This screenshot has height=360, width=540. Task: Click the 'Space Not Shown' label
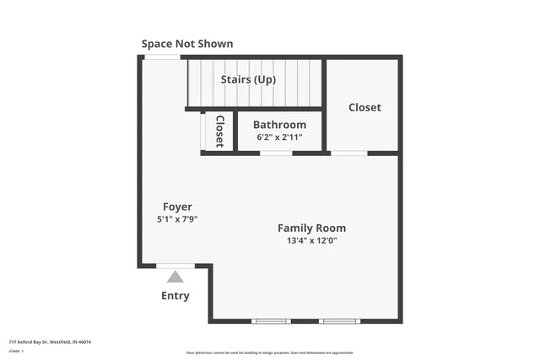(187, 44)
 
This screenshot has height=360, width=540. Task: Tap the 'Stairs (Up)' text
(254, 80)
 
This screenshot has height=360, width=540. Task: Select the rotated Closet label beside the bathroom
(219, 132)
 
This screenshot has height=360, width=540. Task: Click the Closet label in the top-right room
(364, 107)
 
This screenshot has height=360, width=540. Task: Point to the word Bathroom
(279, 125)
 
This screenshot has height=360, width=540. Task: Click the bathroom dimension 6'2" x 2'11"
(279, 137)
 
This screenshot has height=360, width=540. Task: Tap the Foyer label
(177, 207)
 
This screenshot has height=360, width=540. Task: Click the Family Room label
(311, 228)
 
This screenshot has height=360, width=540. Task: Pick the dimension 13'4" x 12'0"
(311, 240)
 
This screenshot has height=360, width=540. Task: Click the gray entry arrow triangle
(175, 277)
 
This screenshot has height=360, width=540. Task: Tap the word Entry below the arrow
(175, 296)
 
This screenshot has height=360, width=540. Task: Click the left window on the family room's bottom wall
(271, 321)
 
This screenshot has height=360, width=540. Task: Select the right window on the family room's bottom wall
(340, 321)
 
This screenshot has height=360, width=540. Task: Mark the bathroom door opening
(276, 153)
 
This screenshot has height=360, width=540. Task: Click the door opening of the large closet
(348, 153)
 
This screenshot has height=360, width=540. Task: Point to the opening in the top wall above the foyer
(162, 56)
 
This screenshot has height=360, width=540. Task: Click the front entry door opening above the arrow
(175, 266)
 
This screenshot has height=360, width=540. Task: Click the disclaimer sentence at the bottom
(269, 352)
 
